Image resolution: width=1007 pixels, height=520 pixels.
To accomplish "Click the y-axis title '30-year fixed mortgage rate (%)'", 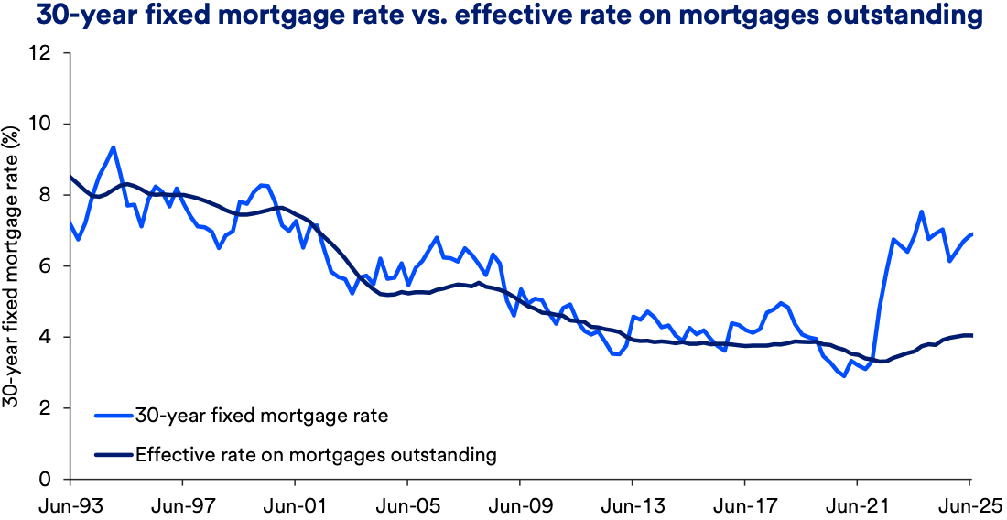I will [x=13, y=265].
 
